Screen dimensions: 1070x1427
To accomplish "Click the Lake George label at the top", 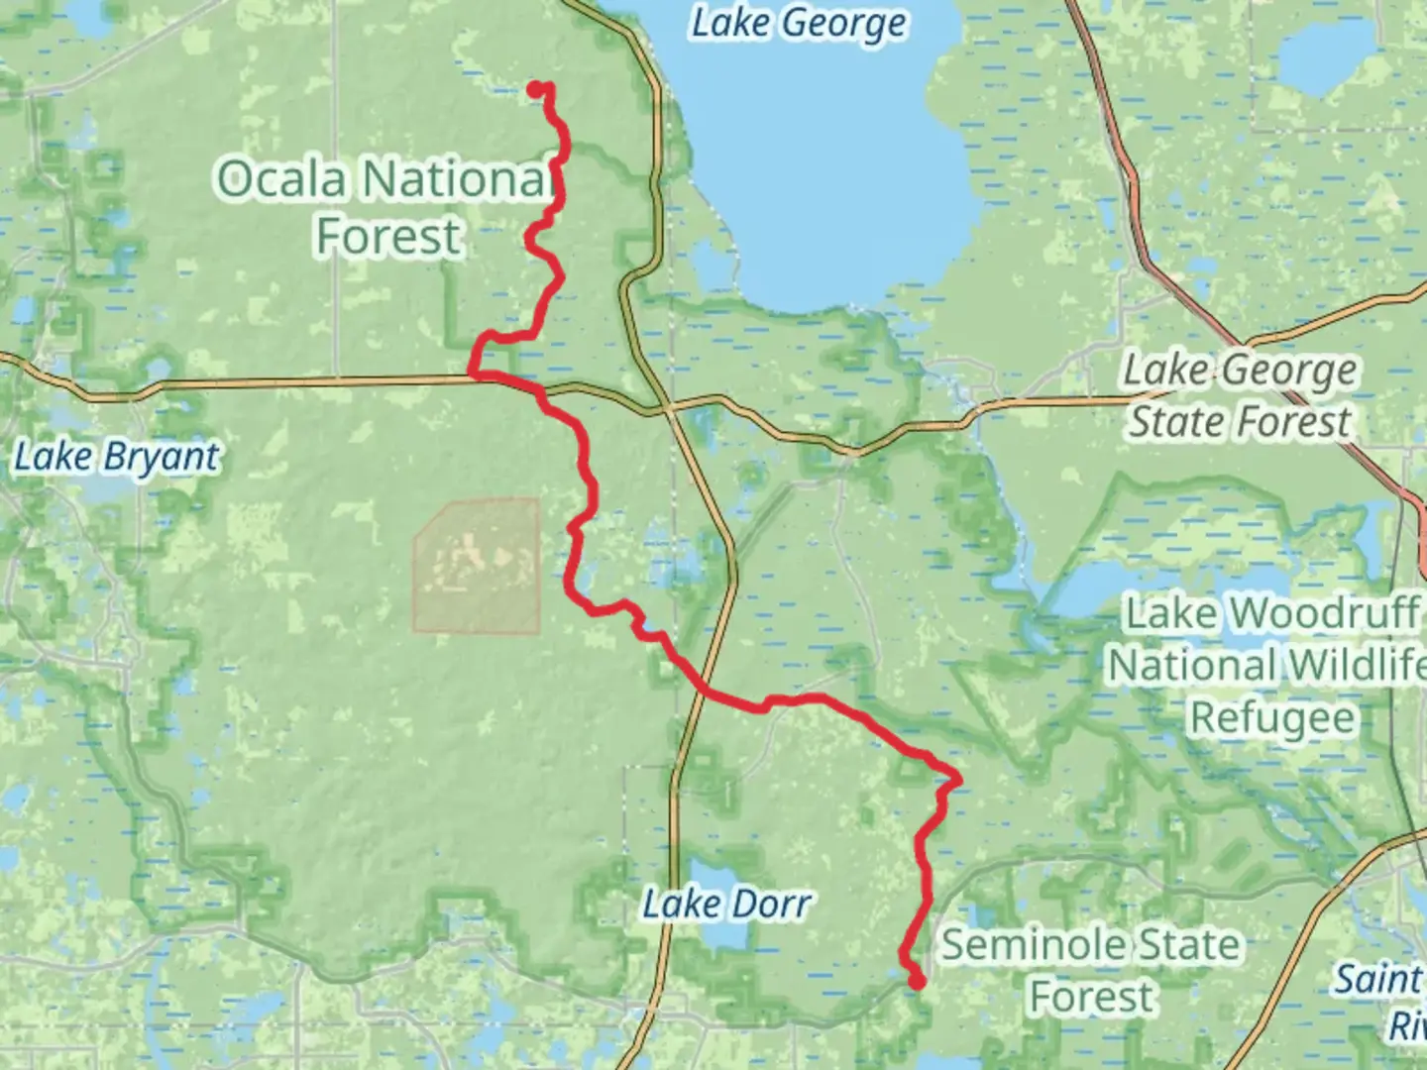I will (x=798, y=24).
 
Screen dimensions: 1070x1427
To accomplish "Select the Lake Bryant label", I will (x=117, y=458).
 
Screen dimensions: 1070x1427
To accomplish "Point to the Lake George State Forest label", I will (x=1240, y=396).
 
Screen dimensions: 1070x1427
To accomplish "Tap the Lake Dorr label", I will (x=726, y=904).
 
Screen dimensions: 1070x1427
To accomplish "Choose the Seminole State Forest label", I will (x=1090, y=970).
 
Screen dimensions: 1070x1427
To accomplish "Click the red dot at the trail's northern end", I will (x=534, y=90).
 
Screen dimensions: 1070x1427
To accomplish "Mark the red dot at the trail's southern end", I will (x=918, y=982).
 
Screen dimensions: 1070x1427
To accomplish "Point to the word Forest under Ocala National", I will (x=388, y=237).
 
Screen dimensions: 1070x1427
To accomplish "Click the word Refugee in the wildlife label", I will (x=1271, y=717).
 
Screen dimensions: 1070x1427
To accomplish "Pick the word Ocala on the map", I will (x=282, y=179).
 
